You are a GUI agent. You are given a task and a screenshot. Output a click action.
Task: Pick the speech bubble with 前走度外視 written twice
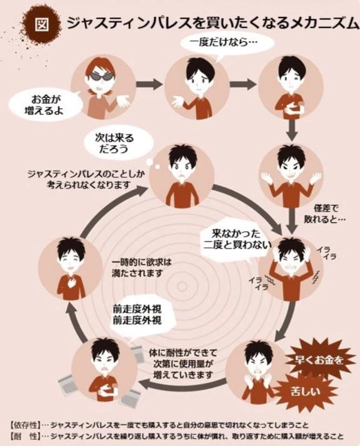click(137, 315)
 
